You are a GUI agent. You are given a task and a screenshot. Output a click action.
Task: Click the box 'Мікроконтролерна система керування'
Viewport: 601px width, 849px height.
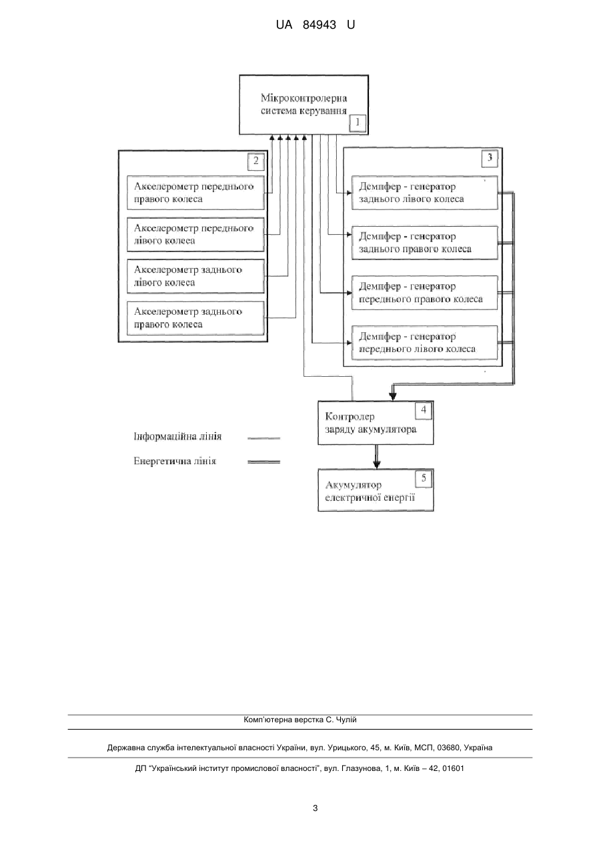point(304,105)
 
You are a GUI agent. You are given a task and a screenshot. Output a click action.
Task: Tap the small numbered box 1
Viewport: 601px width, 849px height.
point(358,123)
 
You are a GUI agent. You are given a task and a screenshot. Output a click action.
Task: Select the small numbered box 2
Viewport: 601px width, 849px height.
point(256,161)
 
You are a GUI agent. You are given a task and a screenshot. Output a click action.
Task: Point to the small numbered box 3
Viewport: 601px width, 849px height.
point(490,157)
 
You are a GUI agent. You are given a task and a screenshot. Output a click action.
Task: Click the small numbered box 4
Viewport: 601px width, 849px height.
point(423,410)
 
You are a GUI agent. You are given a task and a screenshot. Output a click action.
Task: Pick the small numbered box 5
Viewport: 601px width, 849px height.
point(424,479)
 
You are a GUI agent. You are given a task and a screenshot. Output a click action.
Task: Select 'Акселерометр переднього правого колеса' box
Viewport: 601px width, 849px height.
point(195,193)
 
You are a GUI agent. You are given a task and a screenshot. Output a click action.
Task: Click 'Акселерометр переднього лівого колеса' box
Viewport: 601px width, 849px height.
point(195,234)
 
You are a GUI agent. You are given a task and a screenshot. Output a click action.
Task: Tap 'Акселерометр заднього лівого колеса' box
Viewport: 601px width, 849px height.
point(195,276)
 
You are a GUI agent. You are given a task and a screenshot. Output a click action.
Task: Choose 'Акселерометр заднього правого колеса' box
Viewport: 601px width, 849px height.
point(195,318)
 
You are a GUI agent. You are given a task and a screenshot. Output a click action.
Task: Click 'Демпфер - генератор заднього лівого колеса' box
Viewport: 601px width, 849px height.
point(425,193)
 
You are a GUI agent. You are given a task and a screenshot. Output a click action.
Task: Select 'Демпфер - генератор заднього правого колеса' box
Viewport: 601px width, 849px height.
point(425,243)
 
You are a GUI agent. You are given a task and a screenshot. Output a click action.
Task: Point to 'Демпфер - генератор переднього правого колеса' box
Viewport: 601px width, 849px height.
point(425,293)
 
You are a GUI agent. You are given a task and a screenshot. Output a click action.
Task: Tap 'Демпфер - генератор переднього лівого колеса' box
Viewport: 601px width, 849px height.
point(425,342)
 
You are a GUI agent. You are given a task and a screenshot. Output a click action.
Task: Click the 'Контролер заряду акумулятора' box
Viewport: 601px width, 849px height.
point(376,423)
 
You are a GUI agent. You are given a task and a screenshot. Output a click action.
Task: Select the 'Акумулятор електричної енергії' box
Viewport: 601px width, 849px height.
point(376,490)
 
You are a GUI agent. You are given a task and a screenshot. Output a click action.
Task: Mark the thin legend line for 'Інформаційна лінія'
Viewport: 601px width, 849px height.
point(264,438)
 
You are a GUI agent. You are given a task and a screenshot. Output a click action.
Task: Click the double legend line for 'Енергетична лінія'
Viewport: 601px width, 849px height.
point(264,462)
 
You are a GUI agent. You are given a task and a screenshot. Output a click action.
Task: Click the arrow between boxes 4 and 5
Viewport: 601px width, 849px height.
point(376,457)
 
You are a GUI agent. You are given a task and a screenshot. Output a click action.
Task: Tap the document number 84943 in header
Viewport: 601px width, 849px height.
point(320,25)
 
